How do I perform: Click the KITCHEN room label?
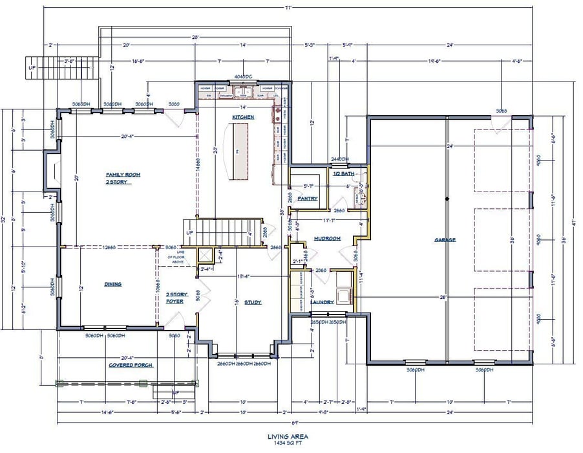(x=244, y=117)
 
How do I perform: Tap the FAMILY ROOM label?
(x=123, y=175)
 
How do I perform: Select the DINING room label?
(x=112, y=284)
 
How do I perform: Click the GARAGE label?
(x=445, y=240)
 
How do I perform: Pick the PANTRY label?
(x=308, y=199)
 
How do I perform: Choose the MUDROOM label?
(x=326, y=238)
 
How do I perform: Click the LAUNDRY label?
(x=321, y=302)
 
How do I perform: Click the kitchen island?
(x=237, y=151)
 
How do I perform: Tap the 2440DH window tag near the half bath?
(x=340, y=159)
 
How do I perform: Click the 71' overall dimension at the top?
(x=291, y=7)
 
